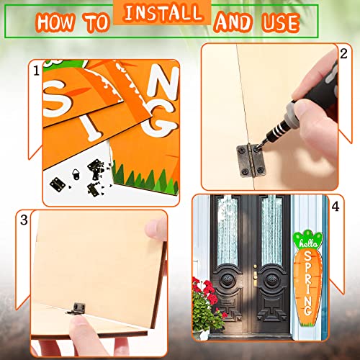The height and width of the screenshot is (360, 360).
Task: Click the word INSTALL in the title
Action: tap(163, 13)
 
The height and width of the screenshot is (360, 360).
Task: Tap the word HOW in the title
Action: tap(55, 22)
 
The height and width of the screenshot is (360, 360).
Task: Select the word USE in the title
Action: tap(280, 23)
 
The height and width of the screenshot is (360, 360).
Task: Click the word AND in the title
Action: tap(233, 23)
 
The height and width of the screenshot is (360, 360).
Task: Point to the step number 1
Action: tap(37, 71)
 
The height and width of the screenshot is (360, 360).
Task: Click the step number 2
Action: tap(343, 53)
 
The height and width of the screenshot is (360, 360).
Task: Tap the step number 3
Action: tap(24, 220)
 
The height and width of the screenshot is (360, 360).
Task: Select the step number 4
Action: tap(336, 207)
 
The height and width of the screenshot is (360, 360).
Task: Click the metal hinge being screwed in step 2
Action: tap(251, 161)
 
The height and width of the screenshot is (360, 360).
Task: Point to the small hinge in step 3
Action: tap(76, 308)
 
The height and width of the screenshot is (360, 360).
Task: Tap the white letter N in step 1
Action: tap(163, 81)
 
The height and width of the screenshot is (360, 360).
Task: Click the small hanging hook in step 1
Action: tap(76, 174)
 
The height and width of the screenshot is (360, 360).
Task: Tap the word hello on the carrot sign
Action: tap(308, 243)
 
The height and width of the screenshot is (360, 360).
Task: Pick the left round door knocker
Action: tap(227, 279)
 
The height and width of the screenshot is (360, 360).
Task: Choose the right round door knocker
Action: tap(271, 279)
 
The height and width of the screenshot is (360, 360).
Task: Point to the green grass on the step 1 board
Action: tap(146, 179)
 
